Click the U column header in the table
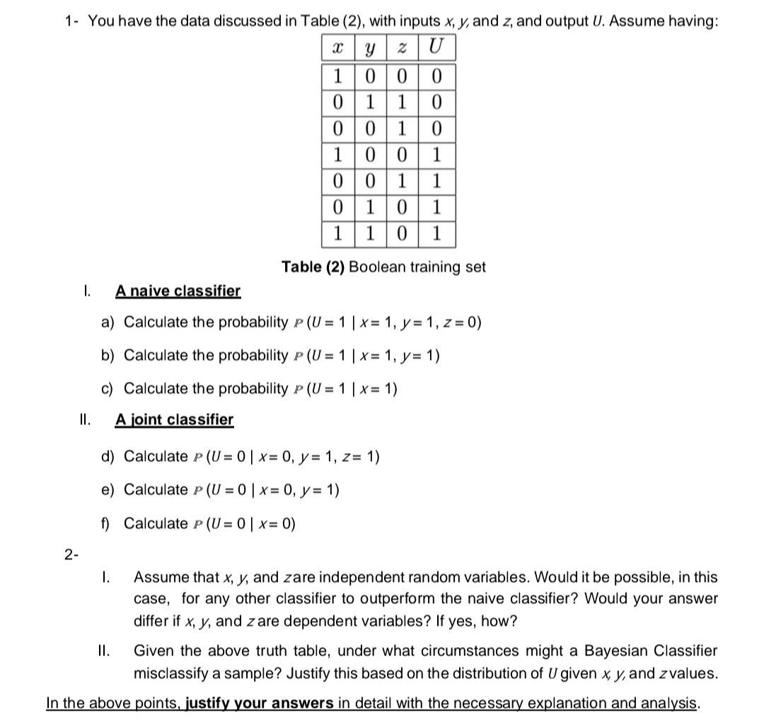pyautogui.click(x=436, y=47)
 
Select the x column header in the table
pyautogui.click(x=337, y=47)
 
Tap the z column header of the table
pyautogui.click(x=403, y=47)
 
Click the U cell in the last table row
pyautogui.click(x=436, y=234)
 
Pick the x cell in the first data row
pyautogui.click(x=337, y=74)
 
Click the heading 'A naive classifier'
pyautogui.click(x=178, y=291)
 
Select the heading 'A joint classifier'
pyautogui.click(x=174, y=419)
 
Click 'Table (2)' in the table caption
pyautogui.click(x=312, y=267)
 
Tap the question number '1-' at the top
pyautogui.click(x=71, y=21)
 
